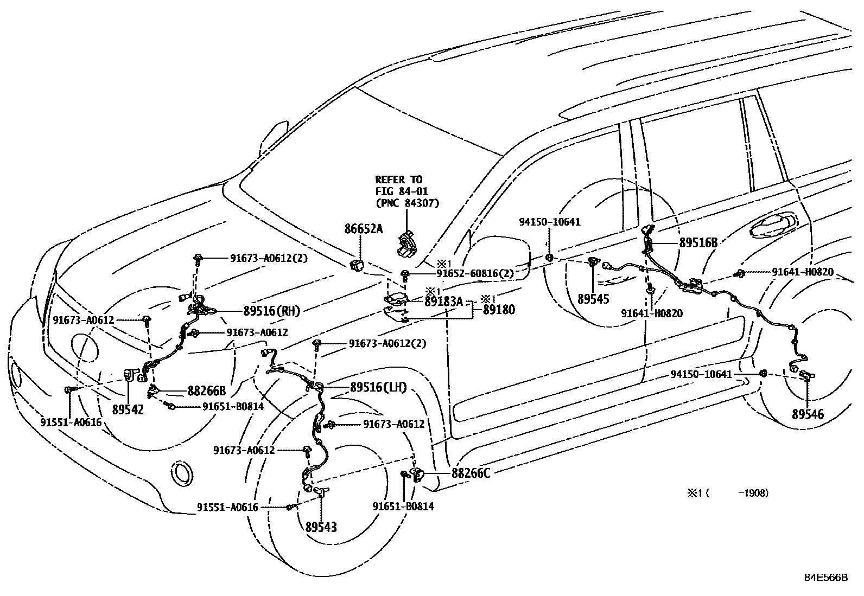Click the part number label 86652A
click(x=363, y=229)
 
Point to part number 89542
click(x=128, y=409)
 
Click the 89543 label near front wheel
click(x=321, y=527)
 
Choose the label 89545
click(x=593, y=299)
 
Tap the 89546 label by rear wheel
click(x=808, y=414)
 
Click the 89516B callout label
click(x=698, y=243)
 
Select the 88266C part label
click(x=471, y=473)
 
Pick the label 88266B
click(x=207, y=390)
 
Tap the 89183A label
click(x=443, y=302)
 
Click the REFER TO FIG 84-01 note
click(x=406, y=191)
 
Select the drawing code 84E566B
click(x=825, y=578)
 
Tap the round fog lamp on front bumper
click(x=182, y=472)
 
